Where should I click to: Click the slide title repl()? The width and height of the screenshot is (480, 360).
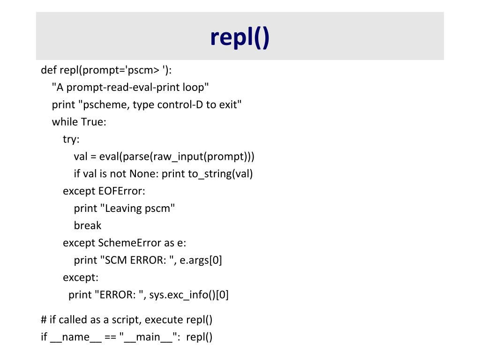pos(240,37)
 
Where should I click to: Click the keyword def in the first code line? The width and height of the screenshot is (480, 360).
pos(49,70)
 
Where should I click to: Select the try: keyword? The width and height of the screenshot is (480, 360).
pos(71,139)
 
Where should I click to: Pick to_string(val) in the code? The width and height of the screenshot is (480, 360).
pos(220,174)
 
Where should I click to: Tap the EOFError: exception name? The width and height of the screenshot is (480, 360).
pos(122,191)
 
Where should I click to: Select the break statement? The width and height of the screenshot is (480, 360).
pos(88,225)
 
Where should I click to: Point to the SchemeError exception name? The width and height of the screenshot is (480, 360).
pos(123,243)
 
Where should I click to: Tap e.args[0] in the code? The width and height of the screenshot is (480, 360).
pos(201,260)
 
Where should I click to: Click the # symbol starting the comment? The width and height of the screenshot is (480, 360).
pos(44,320)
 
